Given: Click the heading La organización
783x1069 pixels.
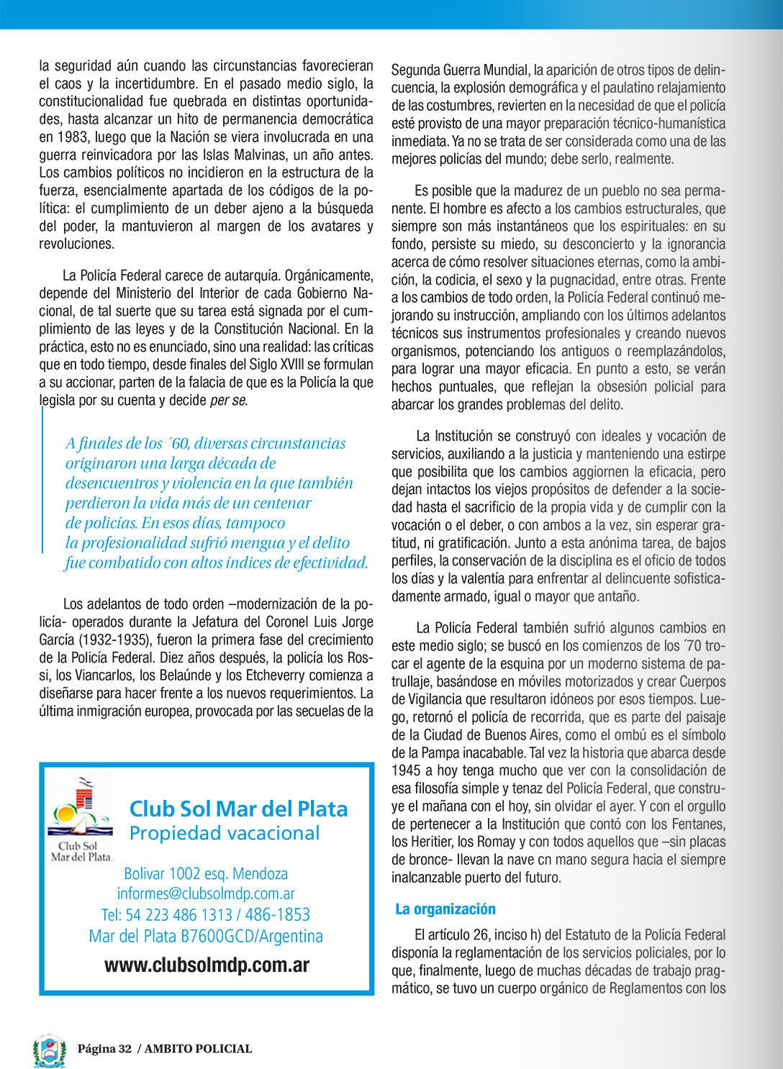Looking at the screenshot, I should click(x=445, y=909).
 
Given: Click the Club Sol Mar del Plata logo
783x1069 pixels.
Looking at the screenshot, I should click(x=81, y=819).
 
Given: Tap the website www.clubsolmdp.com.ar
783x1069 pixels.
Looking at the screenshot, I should click(x=207, y=965).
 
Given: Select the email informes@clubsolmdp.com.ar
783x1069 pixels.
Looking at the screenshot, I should click(x=206, y=894).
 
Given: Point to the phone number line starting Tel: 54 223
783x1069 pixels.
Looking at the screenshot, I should click(x=206, y=915).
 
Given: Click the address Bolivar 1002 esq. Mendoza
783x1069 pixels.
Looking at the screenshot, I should click(x=206, y=874).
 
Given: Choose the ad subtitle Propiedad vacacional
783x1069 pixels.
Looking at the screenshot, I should click(x=225, y=834).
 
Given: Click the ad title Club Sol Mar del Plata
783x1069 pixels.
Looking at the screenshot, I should click(x=238, y=809).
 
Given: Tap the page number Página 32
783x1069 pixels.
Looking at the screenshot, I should click(x=105, y=1049).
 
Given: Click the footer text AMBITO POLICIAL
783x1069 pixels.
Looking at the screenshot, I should click(x=198, y=1049).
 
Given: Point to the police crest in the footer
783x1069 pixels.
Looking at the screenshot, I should click(x=49, y=1050).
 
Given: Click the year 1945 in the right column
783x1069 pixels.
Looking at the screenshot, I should click(x=406, y=771).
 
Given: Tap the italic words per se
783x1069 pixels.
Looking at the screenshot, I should click(x=228, y=401).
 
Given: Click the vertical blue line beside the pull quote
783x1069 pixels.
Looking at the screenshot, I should click(x=42, y=478).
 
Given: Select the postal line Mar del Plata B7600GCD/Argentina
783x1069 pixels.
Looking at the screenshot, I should click(x=206, y=937).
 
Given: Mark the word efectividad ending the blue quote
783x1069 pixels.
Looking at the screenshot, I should click(x=330, y=563).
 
